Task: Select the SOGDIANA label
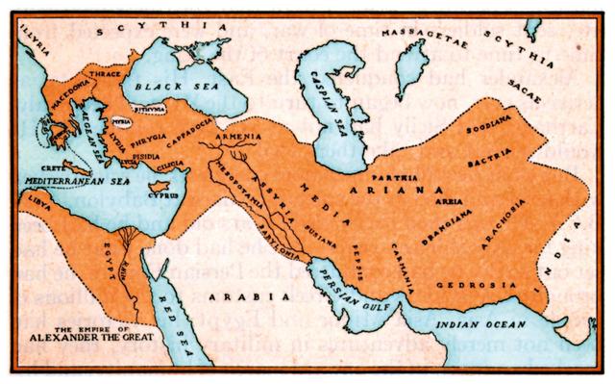pos(483,127)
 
